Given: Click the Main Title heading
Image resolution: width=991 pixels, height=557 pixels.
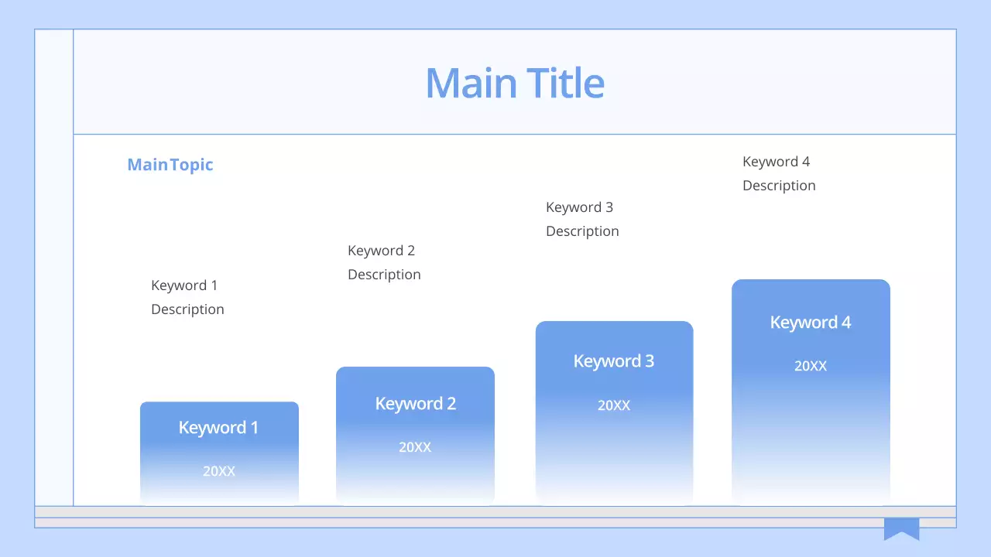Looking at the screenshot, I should [515, 83].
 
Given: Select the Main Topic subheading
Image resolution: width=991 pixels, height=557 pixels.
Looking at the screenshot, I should [170, 165].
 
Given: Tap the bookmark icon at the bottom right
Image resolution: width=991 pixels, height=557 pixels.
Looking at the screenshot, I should [901, 528].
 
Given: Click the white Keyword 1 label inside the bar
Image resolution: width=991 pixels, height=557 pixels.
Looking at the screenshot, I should [218, 428].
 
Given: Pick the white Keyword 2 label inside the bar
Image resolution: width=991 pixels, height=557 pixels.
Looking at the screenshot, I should [415, 404].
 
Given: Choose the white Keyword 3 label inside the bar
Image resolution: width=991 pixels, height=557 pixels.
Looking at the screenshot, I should [613, 361].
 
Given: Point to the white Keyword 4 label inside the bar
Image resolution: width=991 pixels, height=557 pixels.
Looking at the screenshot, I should [810, 323].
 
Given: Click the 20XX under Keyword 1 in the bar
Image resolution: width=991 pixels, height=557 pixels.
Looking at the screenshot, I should [218, 470].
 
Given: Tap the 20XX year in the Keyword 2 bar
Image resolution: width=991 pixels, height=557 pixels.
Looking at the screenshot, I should [415, 447].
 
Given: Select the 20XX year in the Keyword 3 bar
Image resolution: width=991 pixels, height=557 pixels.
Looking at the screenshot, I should [613, 405].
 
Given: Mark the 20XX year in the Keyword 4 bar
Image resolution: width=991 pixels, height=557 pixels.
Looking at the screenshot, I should [810, 366].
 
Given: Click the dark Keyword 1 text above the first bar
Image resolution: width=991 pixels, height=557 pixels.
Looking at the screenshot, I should [184, 285].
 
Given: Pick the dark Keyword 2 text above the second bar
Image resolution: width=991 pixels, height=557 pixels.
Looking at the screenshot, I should [381, 251].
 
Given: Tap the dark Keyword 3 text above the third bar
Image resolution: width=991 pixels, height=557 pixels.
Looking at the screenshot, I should [579, 207].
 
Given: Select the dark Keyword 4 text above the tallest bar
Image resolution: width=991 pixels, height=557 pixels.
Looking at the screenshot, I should [776, 162].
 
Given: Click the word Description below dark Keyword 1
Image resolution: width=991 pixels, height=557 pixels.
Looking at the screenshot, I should [187, 309].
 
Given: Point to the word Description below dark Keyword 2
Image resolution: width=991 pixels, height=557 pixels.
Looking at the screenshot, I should [384, 275].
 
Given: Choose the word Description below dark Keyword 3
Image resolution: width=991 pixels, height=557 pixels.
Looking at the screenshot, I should [582, 231].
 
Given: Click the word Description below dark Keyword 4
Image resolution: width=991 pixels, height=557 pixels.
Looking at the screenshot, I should [779, 186].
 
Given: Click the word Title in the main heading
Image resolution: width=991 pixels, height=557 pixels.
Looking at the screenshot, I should [565, 83].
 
